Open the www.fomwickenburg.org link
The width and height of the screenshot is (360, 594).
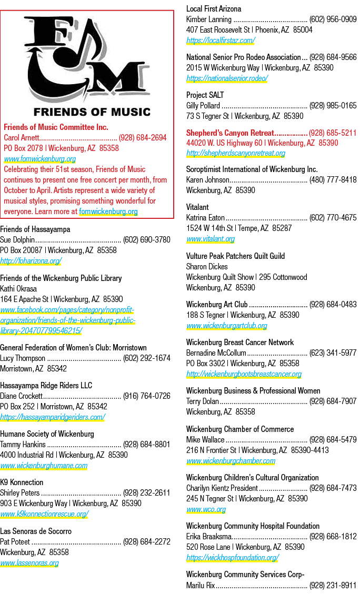click(x=40, y=159)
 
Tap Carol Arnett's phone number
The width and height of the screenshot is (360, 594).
click(x=143, y=137)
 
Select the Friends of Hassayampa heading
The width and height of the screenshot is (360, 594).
click(x=35, y=229)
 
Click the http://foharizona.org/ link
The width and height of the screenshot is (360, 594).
click(x=31, y=261)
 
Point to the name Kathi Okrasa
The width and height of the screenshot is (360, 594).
click(x=18, y=289)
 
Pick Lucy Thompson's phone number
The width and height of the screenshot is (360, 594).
click(x=147, y=358)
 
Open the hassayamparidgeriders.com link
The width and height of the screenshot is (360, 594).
click(x=52, y=417)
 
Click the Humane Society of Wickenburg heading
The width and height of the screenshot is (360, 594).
click(x=47, y=434)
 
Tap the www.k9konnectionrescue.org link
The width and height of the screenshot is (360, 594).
click(x=44, y=514)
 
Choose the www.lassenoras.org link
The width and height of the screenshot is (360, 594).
click(x=29, y=563)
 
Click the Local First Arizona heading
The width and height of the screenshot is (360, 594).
click(x=214, y=9)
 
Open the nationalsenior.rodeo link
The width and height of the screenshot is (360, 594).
click(x=227, y=78)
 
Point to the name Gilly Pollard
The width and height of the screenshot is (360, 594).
click(x=203, y=105)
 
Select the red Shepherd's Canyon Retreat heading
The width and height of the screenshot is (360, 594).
click(x=230, y=133)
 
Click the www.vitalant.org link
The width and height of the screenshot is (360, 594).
click(x=211, y=239)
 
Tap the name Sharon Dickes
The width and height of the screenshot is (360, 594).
click(x=207, y=267)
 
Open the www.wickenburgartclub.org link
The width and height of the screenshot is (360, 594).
click(x=227, y=326)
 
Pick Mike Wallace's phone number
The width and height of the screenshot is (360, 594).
click(x=333, y=439)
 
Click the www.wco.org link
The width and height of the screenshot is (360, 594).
click(x=206, y=509)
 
